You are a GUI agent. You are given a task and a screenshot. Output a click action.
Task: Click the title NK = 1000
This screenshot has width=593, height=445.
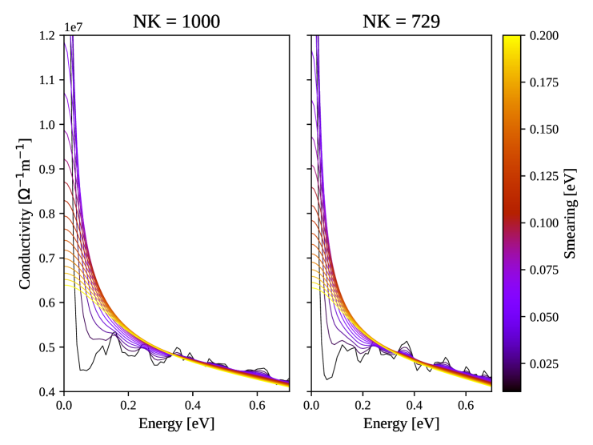(176, 22)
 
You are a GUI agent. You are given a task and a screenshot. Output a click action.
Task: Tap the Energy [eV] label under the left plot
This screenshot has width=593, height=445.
(176, 421)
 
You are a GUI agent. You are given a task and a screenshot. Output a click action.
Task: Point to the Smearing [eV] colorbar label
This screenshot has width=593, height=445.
(570, 213)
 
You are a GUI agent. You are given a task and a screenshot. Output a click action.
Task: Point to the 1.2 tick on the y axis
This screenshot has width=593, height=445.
(48, 35)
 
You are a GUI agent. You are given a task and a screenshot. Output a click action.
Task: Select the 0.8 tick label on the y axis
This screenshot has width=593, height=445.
(48, 214)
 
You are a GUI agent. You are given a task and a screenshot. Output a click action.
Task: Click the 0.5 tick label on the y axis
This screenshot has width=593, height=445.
(48, 347)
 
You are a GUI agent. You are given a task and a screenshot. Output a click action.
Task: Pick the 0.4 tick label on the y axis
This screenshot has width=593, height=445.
(48, 392)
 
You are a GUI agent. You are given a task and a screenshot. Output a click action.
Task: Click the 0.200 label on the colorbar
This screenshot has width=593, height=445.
(542, 35)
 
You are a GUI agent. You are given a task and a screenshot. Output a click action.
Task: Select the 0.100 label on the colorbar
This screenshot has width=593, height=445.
(542, 222)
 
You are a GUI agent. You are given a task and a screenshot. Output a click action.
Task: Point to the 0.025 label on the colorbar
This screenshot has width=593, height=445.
(542, 363)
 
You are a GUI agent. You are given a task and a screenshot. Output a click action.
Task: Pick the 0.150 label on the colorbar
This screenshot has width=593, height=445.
(542, 129)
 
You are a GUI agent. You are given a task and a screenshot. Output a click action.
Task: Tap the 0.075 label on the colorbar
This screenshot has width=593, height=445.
(542, 270)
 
